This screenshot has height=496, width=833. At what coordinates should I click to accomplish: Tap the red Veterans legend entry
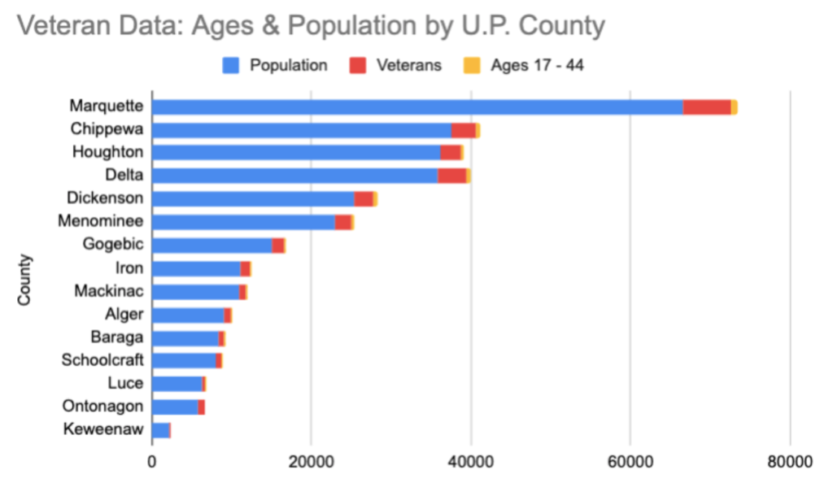[398, 65]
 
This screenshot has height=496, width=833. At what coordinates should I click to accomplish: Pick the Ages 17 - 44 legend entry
[525, 65]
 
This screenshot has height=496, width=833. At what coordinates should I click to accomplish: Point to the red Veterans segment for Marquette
[706, 107]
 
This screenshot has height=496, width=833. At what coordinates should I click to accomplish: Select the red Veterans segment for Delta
[451, 176]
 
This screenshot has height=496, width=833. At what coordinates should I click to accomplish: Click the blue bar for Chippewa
[301, 130]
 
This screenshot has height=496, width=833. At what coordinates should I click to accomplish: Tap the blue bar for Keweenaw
[160, 430]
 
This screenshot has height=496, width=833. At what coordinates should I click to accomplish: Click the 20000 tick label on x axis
[311, 462]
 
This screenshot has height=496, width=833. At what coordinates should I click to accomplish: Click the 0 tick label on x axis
[152, 462]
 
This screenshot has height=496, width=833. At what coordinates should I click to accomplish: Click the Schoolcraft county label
[102, 360]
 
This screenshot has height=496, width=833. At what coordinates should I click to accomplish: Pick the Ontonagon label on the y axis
[102, 407]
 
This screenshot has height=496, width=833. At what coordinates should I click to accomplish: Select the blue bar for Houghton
[295, 153]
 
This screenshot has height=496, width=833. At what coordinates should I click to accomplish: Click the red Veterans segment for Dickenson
[363, 199]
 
